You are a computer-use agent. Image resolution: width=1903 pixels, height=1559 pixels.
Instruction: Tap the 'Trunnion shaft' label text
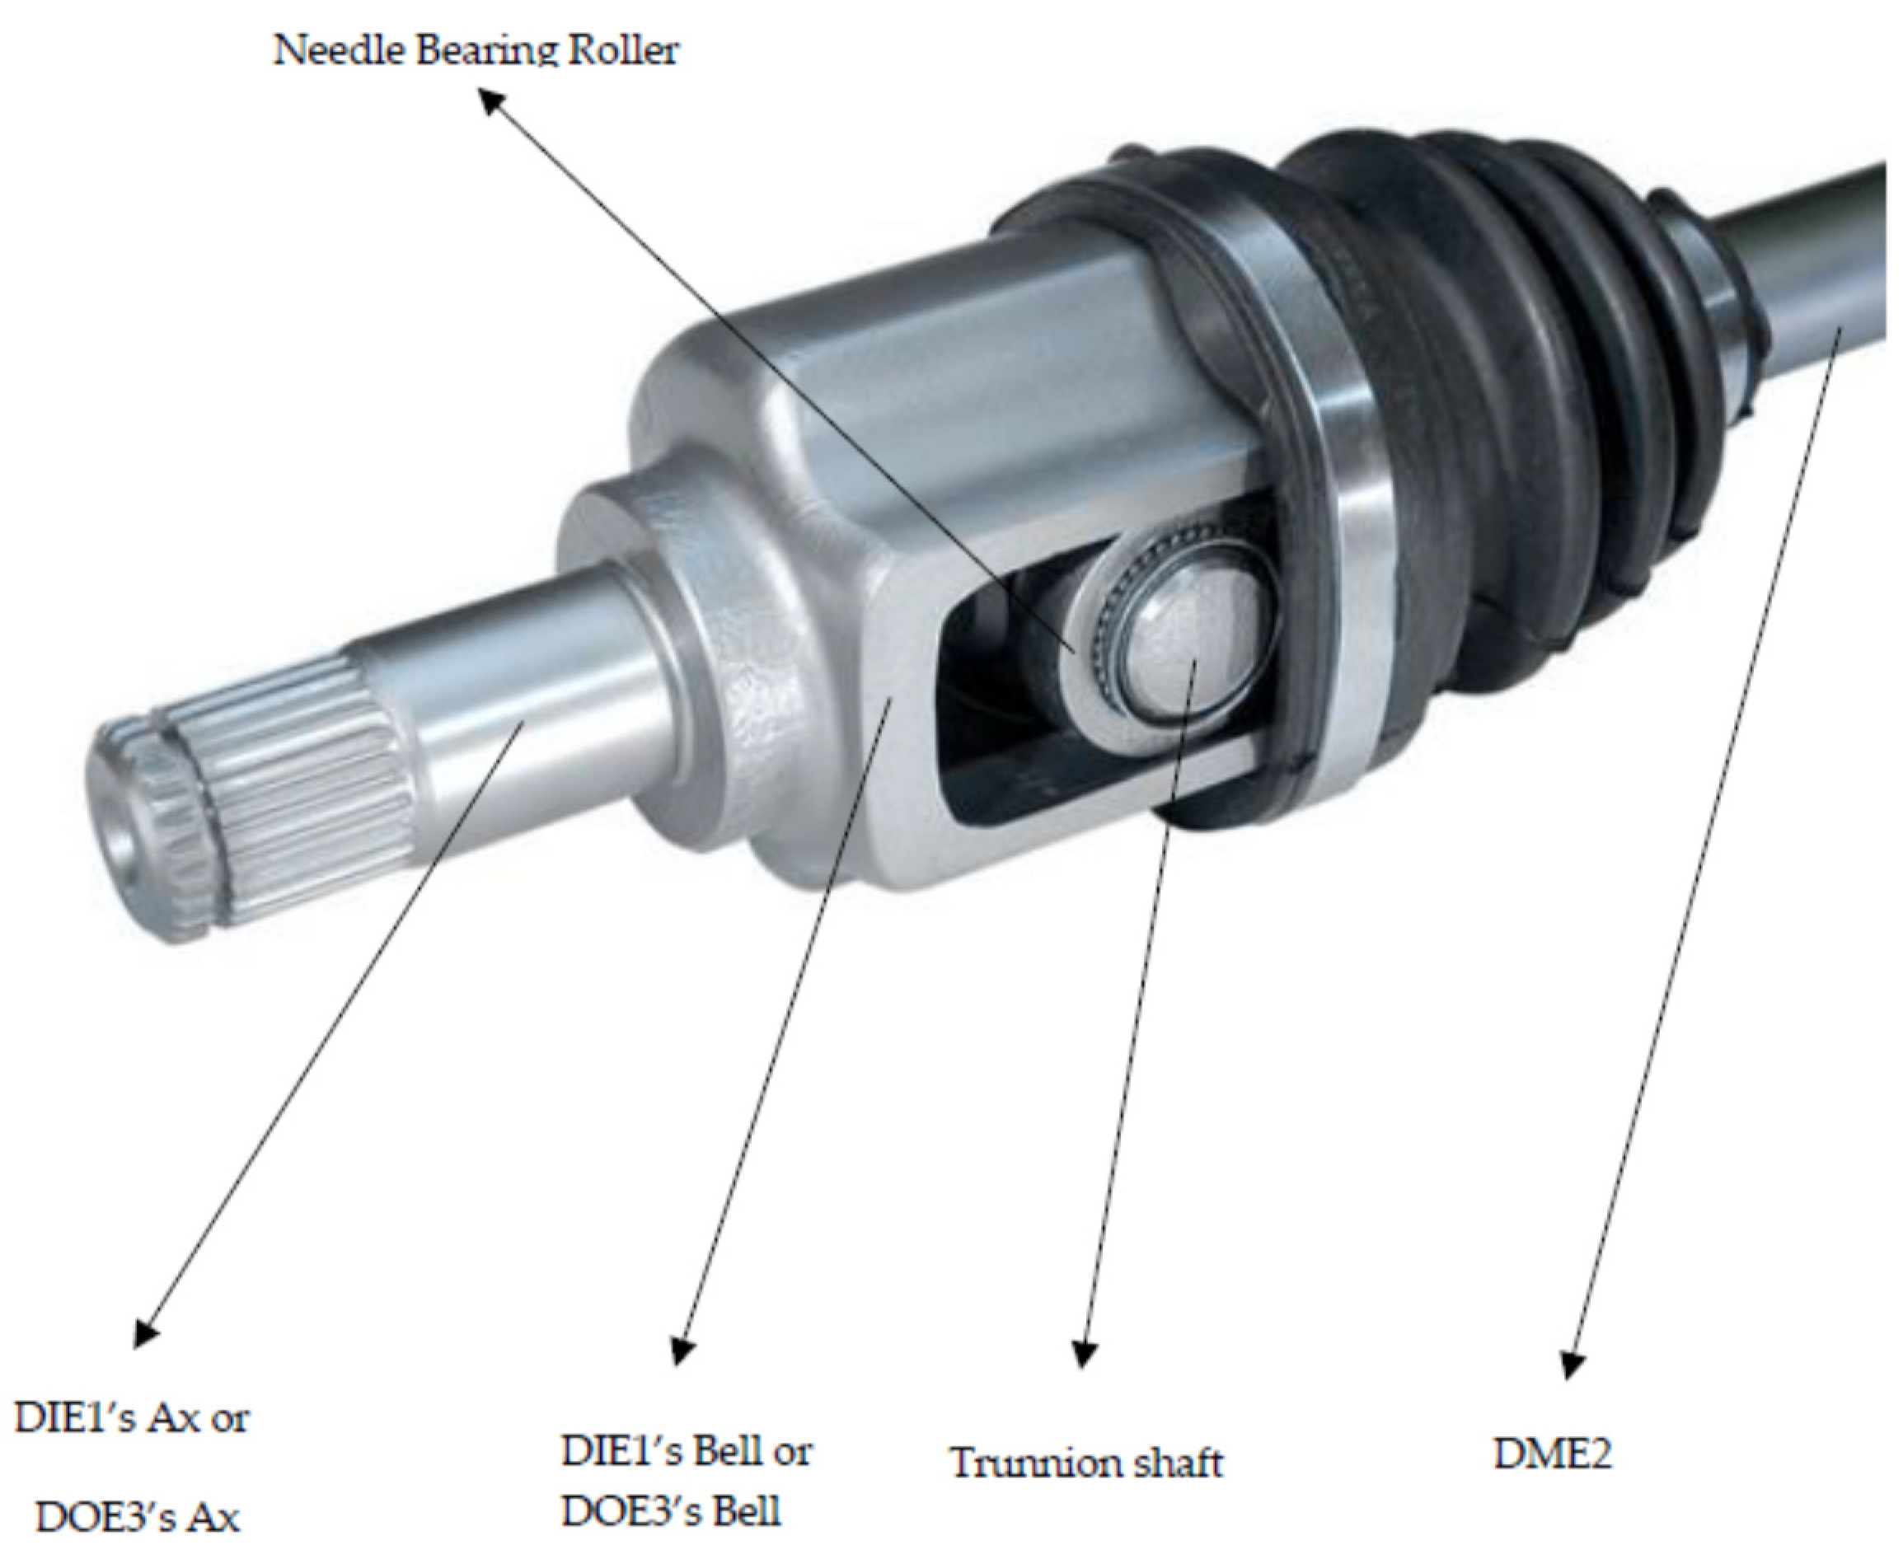click(1086, 1463)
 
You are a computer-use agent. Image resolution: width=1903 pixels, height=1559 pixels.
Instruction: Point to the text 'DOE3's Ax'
click(138, 1518)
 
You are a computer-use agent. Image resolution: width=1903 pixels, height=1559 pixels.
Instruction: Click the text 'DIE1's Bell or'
click(687, 1450)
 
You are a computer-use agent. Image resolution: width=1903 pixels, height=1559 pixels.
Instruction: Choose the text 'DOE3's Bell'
click(671, 1511)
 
